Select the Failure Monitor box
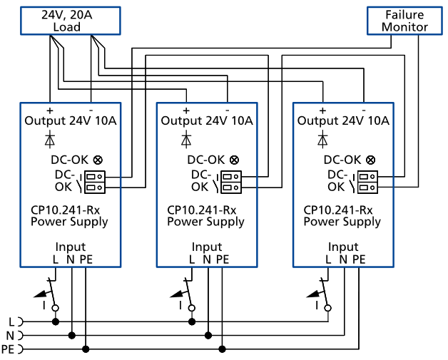click(404, 21)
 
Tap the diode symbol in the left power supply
click(50, 138)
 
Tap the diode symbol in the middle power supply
click(186, 138)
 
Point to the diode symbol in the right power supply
click(322, 138)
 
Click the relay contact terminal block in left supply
click(94, 182)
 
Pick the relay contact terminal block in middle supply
click(230, 182)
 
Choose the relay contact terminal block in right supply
click(367, 182)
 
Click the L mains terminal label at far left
click(11, 322)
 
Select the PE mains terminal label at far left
click(8, 349)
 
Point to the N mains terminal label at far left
click(11, 335)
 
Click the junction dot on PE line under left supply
click(86, 349)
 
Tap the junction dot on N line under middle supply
click(208, 335)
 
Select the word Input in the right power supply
click(342, 247)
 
